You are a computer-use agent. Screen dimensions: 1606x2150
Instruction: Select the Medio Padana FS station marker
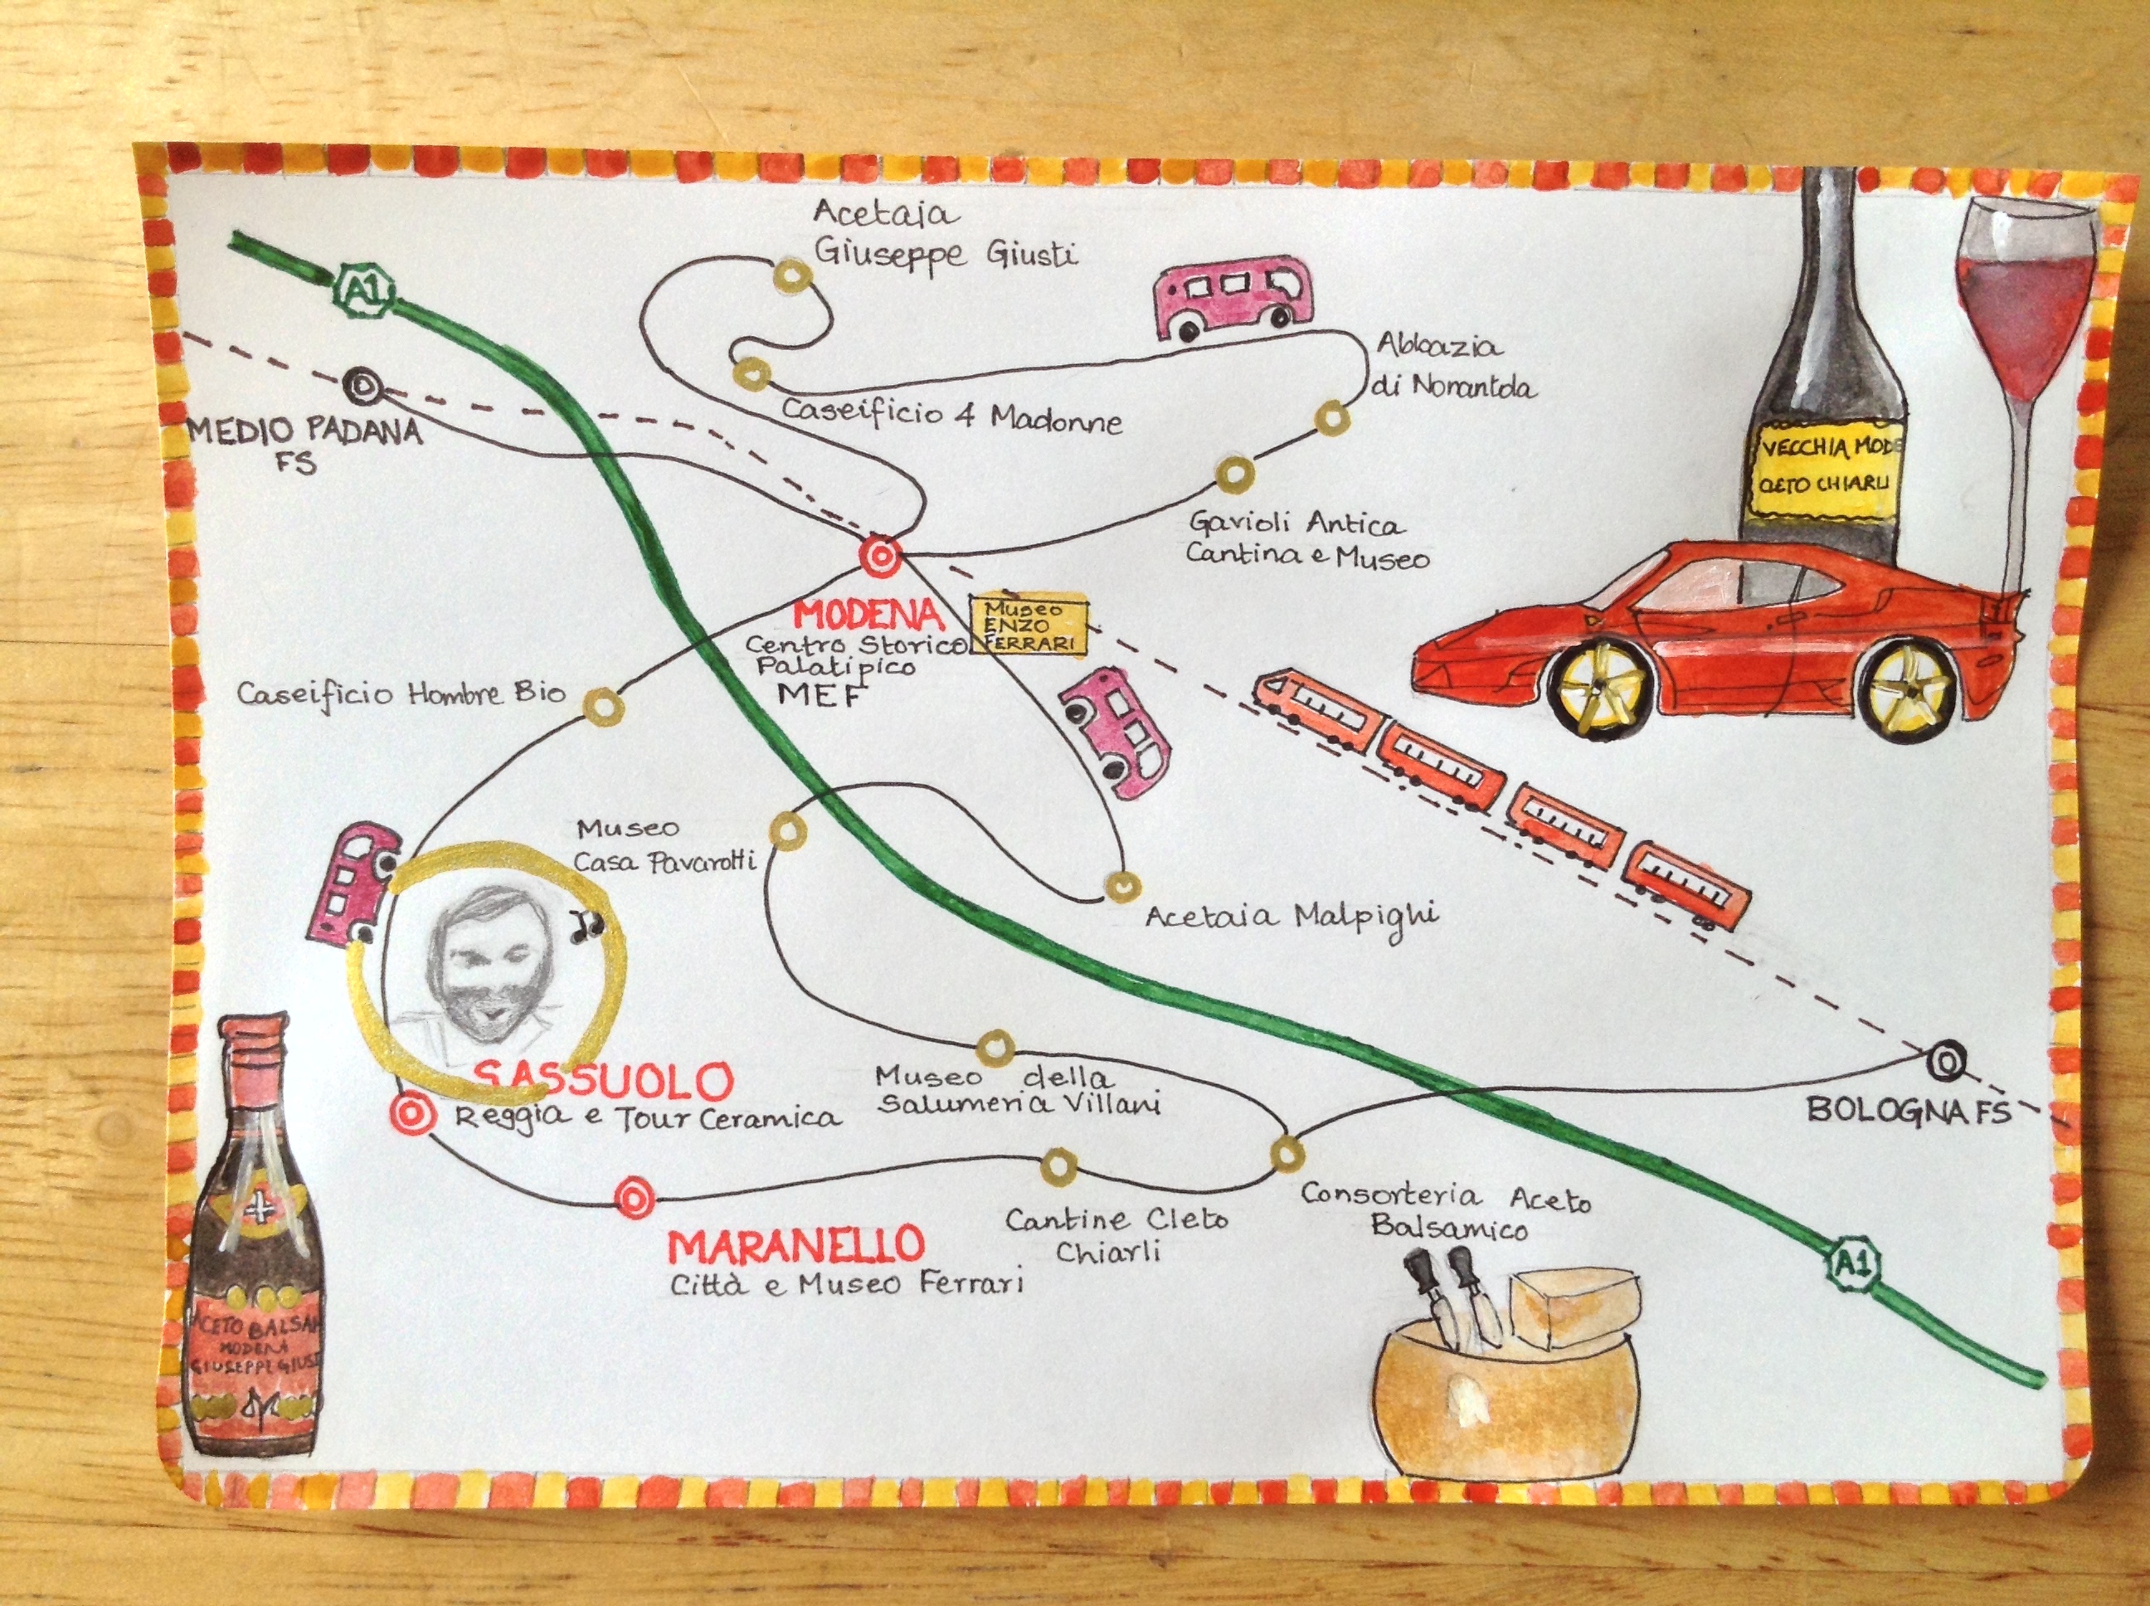tap(362, 386)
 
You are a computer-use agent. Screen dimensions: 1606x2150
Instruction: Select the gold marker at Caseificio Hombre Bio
tap(601, 703)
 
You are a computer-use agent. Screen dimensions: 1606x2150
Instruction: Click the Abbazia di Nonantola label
tap(1452, 367)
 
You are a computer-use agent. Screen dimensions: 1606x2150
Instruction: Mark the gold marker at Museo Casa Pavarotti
tap(788, 832)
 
